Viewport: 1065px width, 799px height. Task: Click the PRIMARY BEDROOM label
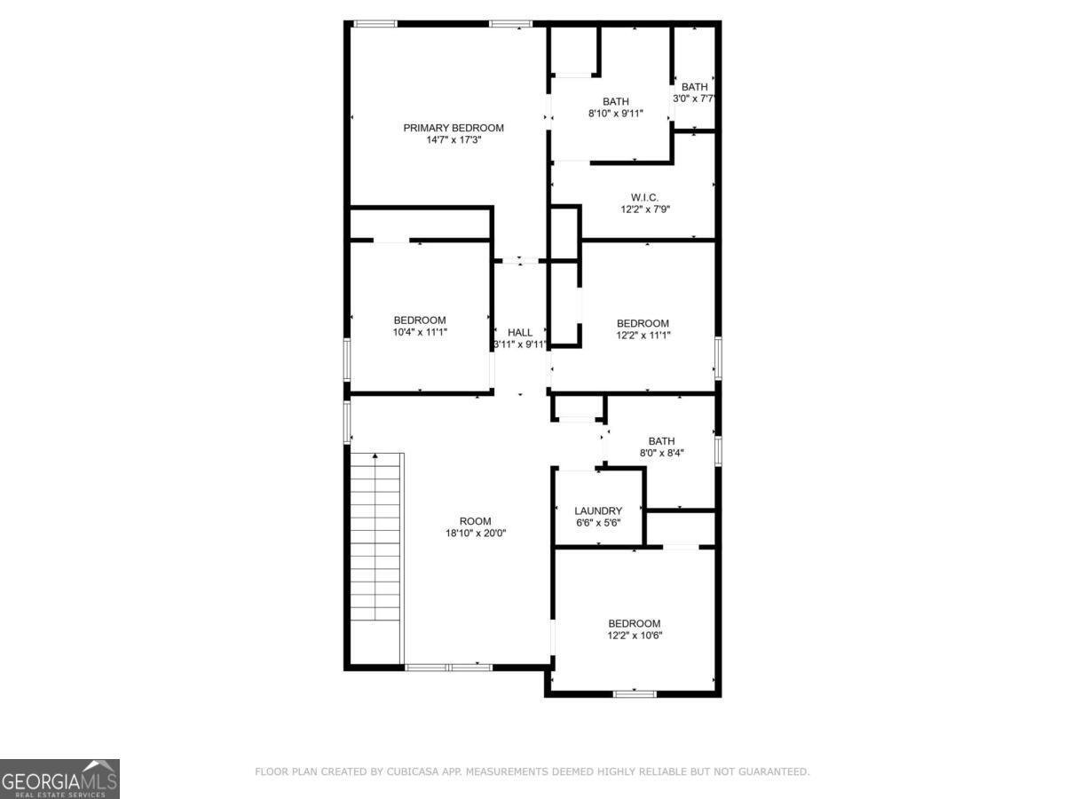tap(454, 128)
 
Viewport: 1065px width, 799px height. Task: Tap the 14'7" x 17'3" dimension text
tap(454, 140)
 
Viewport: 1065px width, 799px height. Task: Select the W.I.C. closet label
tap(644, 197)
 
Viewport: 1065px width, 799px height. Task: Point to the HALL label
tap(520, 332)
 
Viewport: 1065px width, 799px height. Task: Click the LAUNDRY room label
tap(598, 510)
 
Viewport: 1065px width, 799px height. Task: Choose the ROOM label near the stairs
tap(475, 521)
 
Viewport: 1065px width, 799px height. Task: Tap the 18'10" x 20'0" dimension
tap(476, 534)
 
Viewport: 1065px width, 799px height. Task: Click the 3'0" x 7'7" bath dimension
tap(694, 99)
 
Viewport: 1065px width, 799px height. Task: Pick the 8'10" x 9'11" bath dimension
tap(616, 114)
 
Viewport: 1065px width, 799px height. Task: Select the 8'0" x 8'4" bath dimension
tap(661, 453)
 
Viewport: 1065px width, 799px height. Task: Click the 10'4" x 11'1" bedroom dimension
tap(420, 332)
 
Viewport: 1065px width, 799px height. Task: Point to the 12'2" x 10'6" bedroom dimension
tap(635, 636)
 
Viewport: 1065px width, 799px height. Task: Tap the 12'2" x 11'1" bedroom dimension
tap(643, 336)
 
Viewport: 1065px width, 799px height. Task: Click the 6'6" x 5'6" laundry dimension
tap(598, 523)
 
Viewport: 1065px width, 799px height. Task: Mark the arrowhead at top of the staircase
tap(375, 455)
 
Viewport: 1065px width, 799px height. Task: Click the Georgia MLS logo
tap(59, 779)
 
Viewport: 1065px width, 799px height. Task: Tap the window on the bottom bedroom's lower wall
tap(635, 694)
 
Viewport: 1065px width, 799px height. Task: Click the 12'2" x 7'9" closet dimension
tap(645, 210)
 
